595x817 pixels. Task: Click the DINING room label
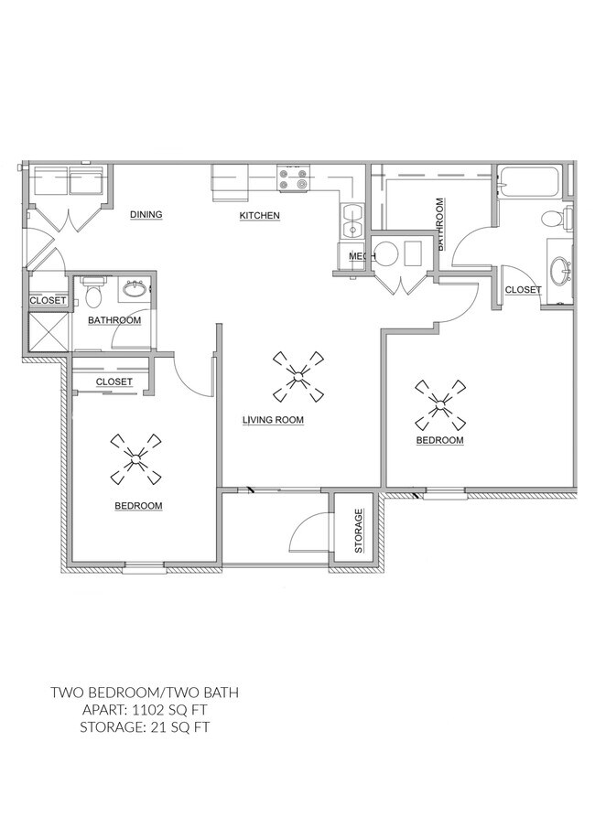pyautogui.click(x=146, y=215)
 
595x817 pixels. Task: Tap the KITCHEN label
pyautogui.click(x=259, y=216)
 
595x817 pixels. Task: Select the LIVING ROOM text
pyautogui.click(x=273, y=420)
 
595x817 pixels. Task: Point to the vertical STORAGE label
pyautogui.click(x=359, y=532)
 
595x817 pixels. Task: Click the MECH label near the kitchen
pyautogui.click(x=362, y=256)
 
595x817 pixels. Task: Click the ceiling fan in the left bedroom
pyautogui.click(x=135, y=459)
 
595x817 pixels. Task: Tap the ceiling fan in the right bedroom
pyautogui.click(x=439, y=404)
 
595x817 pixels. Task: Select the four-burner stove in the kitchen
pyautogui.click(x=294, y=178)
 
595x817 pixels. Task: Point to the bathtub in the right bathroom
pyautogui.click(x=529, y=183)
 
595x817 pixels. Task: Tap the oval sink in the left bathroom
pyautogui.click(x=135, y=288)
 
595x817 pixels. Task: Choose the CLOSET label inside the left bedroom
pyautogui.click(x=114, y=382)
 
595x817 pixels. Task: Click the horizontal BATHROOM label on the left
pyautogui.click(x=114, y=320)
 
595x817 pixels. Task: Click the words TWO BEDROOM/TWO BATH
pyautogui.click(x=145, y=693)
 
